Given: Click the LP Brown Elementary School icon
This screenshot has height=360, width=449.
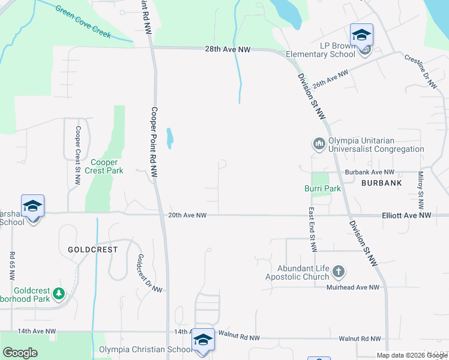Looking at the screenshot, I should [362, 35].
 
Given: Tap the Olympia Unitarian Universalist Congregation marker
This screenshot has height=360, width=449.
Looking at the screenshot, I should [318, 144].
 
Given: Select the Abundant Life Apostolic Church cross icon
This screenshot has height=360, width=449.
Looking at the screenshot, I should [339, 272].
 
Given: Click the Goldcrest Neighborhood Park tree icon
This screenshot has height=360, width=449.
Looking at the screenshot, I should [59, 293].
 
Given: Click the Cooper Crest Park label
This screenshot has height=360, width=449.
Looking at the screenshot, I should [107, 166].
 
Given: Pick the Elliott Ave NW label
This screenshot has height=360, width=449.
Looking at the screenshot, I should [406, 215].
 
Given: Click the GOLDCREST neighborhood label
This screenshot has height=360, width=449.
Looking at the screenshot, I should [92, 248].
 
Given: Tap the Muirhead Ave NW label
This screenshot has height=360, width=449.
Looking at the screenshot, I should [353, 287].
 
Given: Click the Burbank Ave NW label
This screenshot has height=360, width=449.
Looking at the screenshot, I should [369, 172].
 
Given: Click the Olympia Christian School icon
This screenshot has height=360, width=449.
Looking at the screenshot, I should [203, 341].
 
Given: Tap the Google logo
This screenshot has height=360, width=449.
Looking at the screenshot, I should [20, 353].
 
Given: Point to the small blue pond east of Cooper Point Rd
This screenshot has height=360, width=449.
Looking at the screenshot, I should [170, 139].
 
